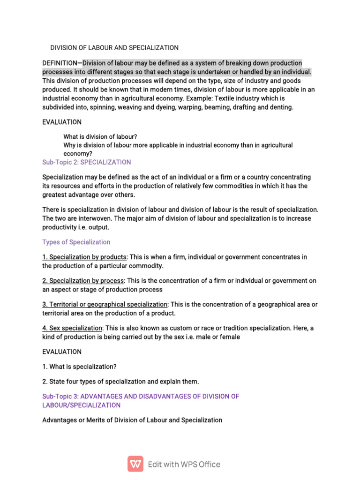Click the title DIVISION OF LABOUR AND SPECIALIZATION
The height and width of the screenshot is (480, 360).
pyautogui.click(x=114, y=47)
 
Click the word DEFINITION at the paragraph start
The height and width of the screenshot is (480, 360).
pyautogui.click(x=59, y=63)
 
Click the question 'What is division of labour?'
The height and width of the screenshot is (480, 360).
pyautogui.click(x=100, y=136)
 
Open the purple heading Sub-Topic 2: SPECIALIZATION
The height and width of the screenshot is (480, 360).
pyautogui.click(x=87, y=162)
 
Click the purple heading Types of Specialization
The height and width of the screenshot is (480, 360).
pyautogui.click(x=76, y=242)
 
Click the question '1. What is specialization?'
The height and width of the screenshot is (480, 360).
pyautogui.click(x=82, y=367)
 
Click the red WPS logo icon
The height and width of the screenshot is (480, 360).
pyautogui.click(x=135, y=464)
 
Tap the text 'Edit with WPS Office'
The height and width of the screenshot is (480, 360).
pyautogui.click(x=184, y=465)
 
